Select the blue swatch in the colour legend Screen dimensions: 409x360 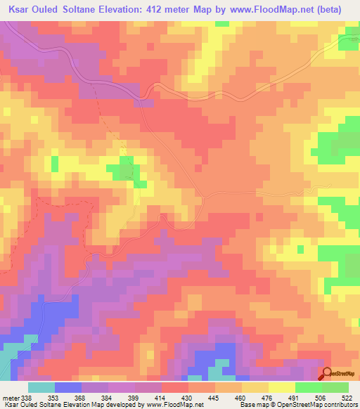coord(68,388)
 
